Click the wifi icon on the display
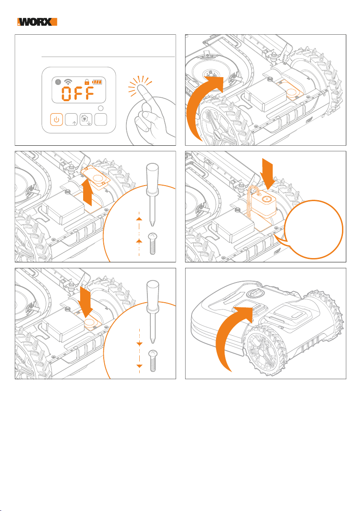(x=68, y=82)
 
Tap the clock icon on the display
(x=57, y=82)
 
